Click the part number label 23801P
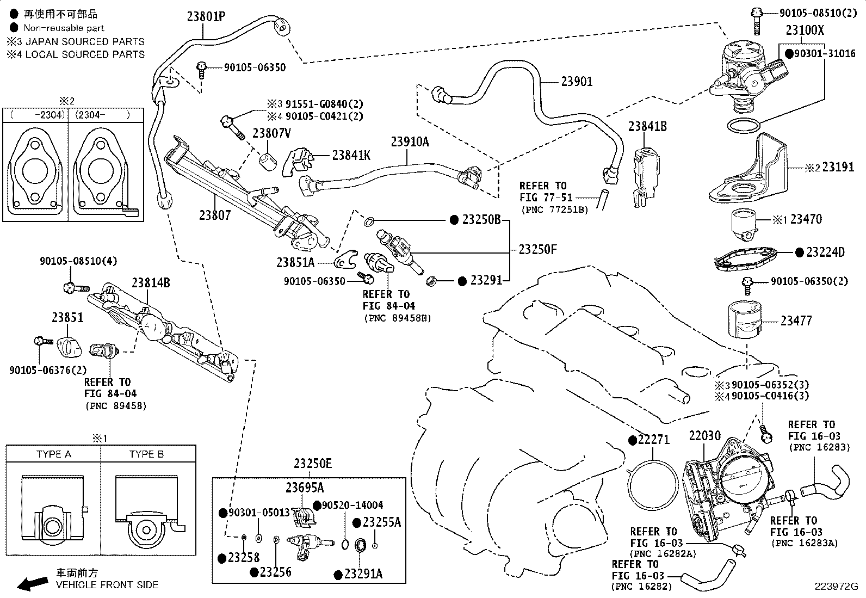[x=206, y=17]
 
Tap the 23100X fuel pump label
[x=805, y=30]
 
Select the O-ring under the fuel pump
[x=744, y=126]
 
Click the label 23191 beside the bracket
[x=838, y=167]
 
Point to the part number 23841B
[x=647, y=126]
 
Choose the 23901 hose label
[x=577, y=82]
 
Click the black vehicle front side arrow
[x=33, y=583]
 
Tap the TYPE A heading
[x=54, y=454]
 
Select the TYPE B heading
[x=146, y=454]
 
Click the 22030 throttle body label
[x=705, y=436]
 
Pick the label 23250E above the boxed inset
[x=313, y=463]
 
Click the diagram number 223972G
[x=836, y=587]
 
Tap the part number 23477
[x=796, y=320]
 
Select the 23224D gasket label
[x=825, y=252]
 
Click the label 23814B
[x=151, y=283]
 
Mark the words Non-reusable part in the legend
[x=64, y=28]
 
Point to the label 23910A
[x=410, y=142]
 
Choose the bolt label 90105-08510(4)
[x=78, y=261]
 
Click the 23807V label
[x=272, y=133]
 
